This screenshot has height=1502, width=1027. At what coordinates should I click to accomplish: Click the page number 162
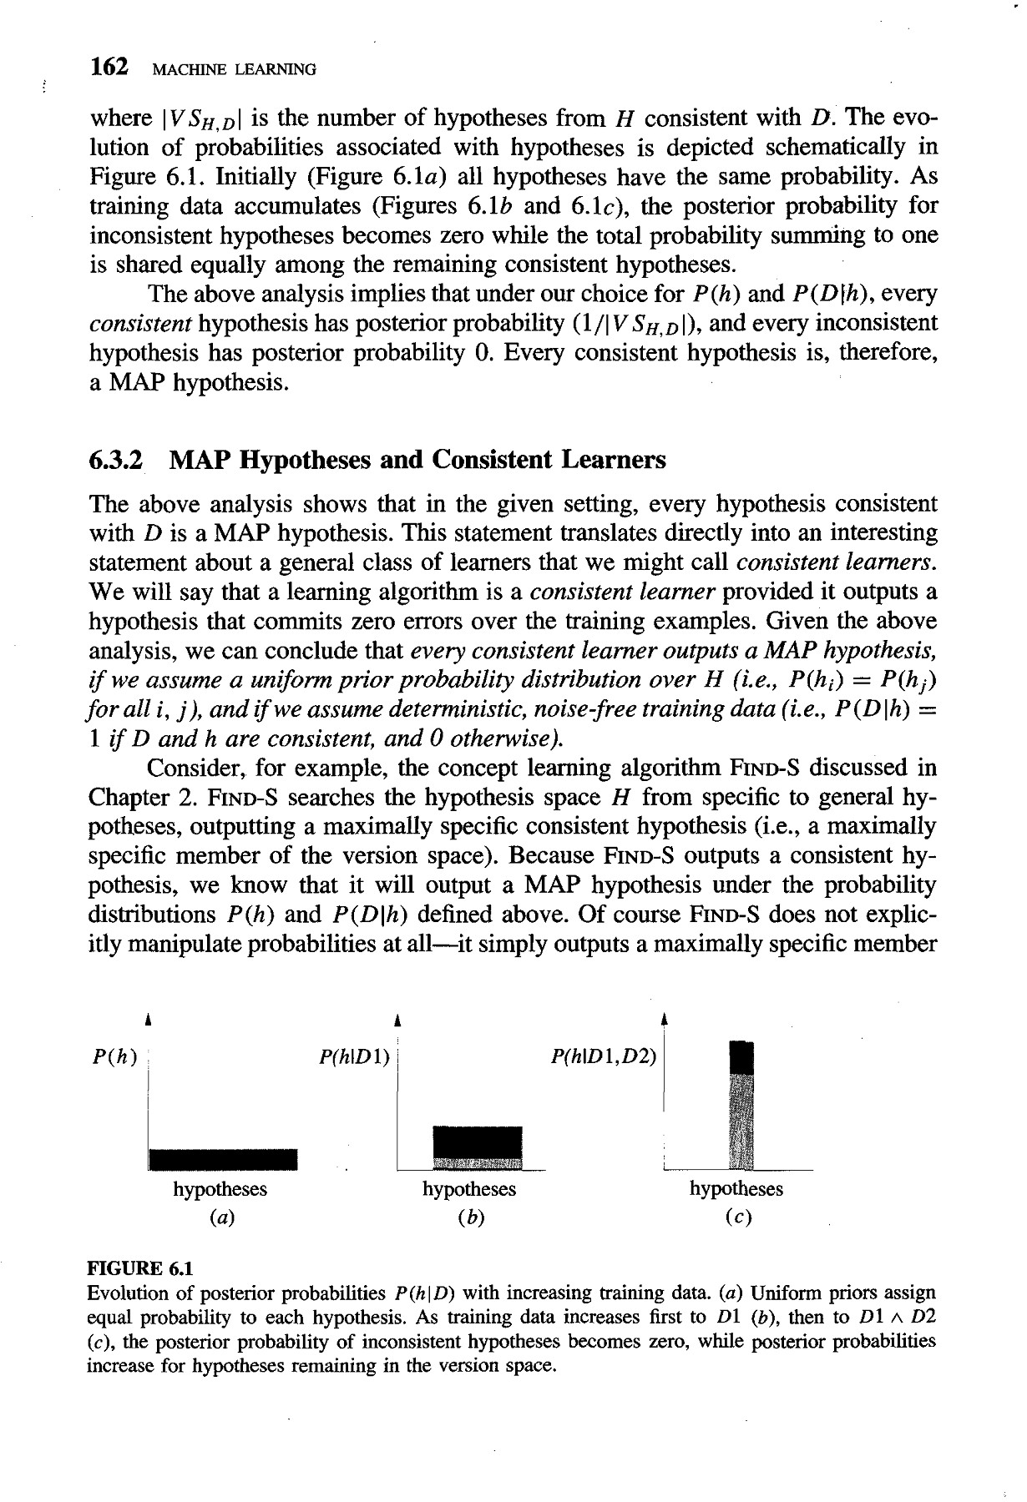pos(109,67)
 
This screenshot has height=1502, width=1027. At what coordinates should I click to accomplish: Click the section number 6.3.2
pos(115,460)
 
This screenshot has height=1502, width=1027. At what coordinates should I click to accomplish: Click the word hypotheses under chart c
pos(736,1189)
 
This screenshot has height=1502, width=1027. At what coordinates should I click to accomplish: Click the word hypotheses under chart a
pos(220,1189)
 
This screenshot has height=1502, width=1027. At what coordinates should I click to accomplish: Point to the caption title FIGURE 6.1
pos(140,1269)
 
